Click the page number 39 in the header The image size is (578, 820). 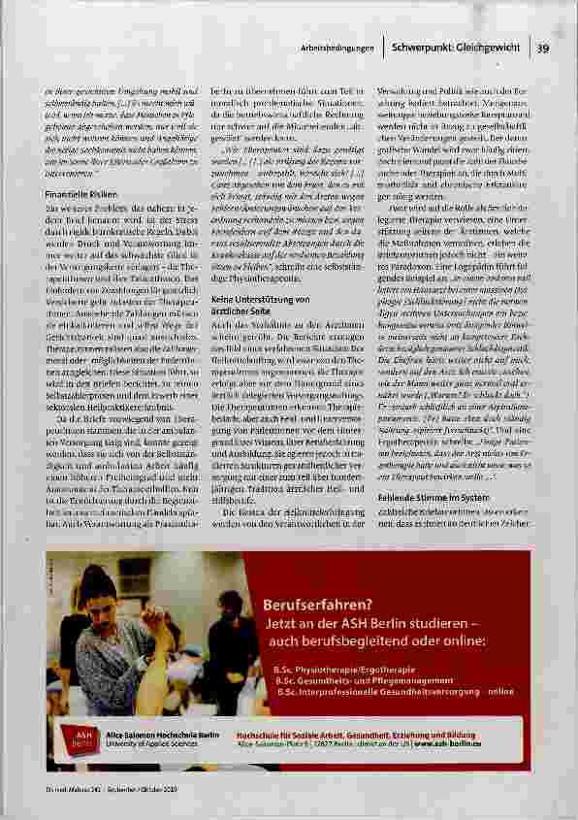tap(543, 48)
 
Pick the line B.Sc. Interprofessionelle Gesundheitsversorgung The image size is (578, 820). tap(378, 692)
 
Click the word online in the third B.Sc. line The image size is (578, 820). tap(500, 692)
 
